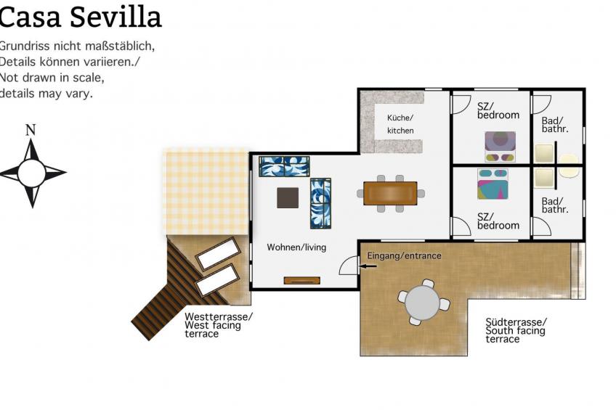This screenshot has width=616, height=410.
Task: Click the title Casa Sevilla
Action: click(x=80, y=17)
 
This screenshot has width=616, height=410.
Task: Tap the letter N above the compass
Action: click(x=31, y=130)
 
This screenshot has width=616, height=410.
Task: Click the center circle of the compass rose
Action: click(x=31, y=173)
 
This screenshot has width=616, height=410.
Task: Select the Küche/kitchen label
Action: click(x=400, y=124)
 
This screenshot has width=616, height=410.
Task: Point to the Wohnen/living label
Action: click(x=296, y=247)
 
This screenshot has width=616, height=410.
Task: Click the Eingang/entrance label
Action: click(x=404, y=256)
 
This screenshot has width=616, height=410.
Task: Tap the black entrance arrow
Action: click(x=368, y=266)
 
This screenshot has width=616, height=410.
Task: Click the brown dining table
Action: click(x=390, y=193)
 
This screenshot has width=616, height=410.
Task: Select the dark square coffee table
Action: click(x=288, y=197)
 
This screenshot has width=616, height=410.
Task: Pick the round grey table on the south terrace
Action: click(x=422, y=303)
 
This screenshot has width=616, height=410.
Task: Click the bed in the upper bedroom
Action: click(x=500, y=147)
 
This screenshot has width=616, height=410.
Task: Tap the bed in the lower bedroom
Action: click(x=493, y=184)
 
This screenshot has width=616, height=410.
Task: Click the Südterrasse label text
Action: click(x=516, y=330)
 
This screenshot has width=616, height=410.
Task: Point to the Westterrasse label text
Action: click(x=219, y=325)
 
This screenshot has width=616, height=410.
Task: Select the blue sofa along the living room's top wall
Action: click(x=284, y=166)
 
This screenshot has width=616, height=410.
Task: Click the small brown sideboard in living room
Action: click(x=301, y=280)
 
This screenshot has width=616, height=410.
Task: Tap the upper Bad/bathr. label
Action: click(x=555, y=125)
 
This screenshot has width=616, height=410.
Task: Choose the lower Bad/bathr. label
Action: click(x=555, y=205)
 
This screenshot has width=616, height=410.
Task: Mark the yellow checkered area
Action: click(x=207, y=192)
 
